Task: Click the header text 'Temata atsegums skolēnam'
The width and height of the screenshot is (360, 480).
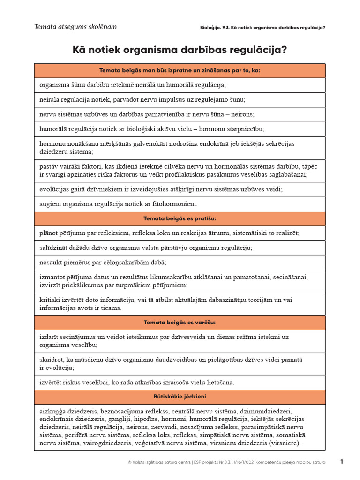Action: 75,27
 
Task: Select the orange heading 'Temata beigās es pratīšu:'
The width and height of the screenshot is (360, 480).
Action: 180,219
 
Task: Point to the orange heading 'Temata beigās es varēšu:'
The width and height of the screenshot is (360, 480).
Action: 180,322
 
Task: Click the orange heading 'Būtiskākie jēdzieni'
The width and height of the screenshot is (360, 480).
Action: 180,397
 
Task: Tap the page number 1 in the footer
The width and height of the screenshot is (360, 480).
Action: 342,462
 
